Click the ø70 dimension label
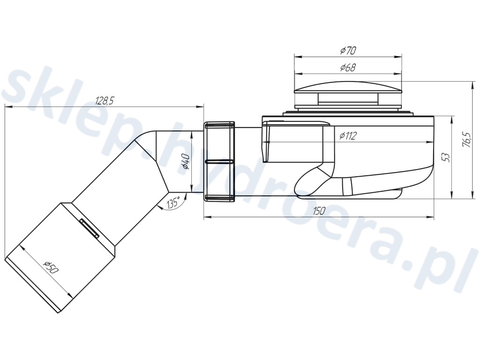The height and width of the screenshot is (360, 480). pos(348,50)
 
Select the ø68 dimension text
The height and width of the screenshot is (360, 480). pos(348,67)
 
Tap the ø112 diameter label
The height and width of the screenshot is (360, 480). pos(348,135)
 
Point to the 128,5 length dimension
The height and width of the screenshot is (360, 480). pos(105,100)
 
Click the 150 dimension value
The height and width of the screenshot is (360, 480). pos(319,210)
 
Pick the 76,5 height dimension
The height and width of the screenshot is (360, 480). pos(466,140)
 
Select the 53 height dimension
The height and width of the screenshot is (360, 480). pos(447,157)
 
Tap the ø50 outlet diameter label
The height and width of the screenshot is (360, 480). pos(51,268)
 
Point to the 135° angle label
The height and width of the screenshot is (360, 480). pos(173,202)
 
